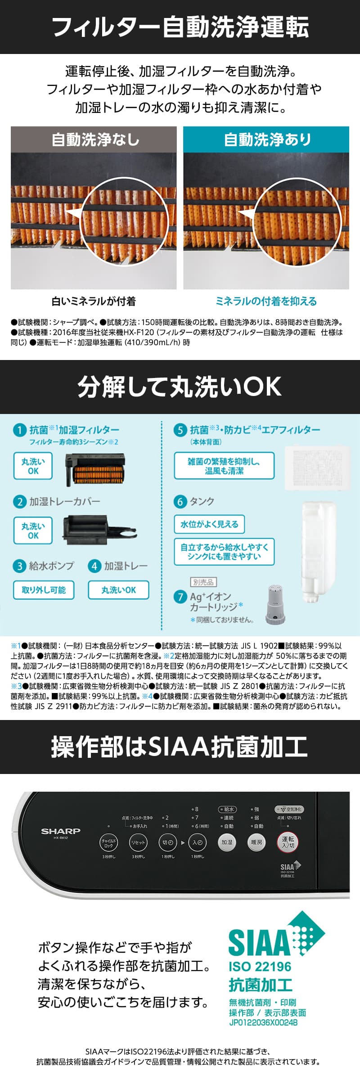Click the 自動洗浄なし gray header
click(x=94, y=139)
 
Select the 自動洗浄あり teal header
click(x=266, y=139)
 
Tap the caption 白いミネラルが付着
click(x=94, y=301)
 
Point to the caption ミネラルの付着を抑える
click(x=266, y=301)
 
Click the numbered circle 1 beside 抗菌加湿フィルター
click(x=19, y=430)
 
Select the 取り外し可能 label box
click(x=44, y=590)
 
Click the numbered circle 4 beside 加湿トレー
click(x=94, y=566)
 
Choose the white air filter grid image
click(x=318, y=468)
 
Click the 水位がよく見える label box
click(x=209, y=524)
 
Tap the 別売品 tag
click(x=203, y=582)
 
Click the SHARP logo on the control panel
click(x=61, y=831)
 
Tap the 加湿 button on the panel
click(x=227, y=842)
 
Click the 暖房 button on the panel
click(x=256, y=842)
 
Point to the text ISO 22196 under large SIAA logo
click(x=260, y=967)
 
